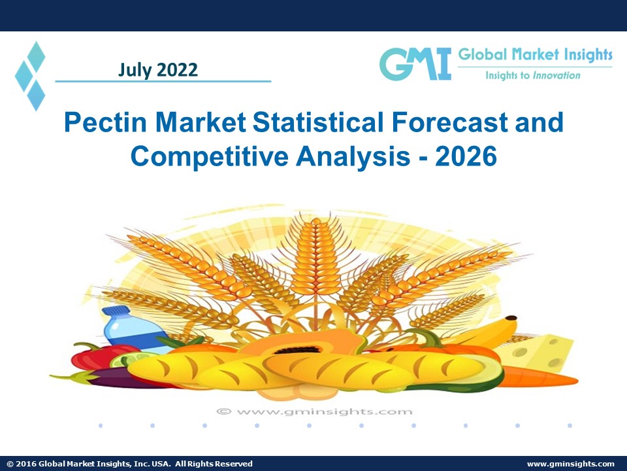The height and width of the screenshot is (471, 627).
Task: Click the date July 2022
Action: (158, 69)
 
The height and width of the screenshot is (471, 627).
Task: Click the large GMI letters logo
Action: (415, 64)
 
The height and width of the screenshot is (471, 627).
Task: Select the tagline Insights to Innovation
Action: (532, 75)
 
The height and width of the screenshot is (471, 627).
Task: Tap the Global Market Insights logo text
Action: (535, 55)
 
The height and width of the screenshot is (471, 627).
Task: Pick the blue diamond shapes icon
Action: (31, 75)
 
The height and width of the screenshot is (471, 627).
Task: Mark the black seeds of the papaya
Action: (302, 349)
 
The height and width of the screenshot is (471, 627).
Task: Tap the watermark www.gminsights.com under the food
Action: (315, 411)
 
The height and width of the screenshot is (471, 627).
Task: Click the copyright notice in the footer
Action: (129, 464)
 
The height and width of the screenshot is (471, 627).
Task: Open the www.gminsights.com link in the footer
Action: (570, 464)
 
